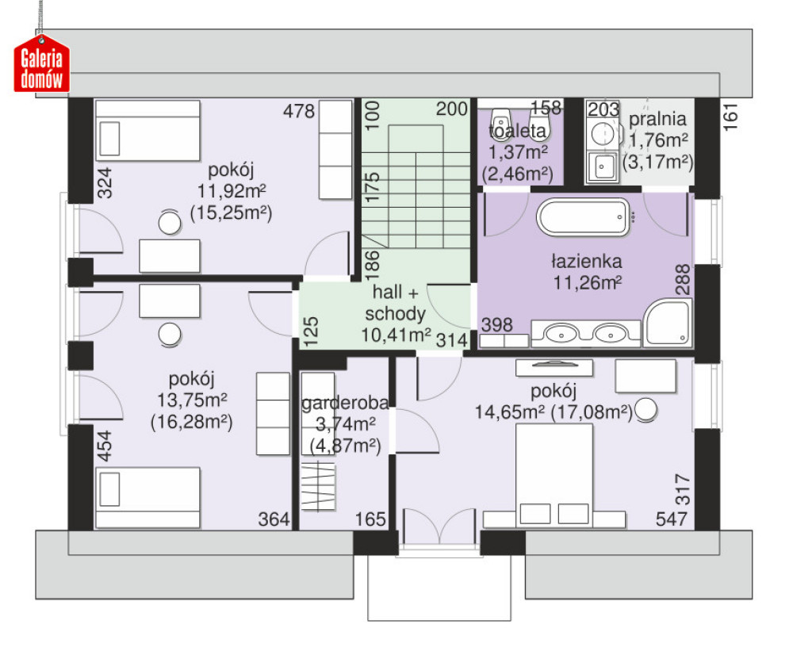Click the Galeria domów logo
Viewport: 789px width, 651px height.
[x=42, y=64]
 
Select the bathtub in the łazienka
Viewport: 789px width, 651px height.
[x=584, y=216]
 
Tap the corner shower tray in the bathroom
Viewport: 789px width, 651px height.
[x=668, y=323]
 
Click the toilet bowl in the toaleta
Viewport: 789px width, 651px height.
[x=500, y=122]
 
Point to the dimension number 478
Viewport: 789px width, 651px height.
[x=298, y=111]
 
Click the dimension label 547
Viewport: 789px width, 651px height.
[x=672, y=519]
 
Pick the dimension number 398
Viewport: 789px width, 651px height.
[x=496, y=325]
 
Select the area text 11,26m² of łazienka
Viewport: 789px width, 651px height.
[x=588, y=283]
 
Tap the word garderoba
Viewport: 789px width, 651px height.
[x=345, y=404]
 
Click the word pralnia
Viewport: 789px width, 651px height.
[x=657, y=119]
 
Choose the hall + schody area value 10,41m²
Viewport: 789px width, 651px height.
[x=396, y=335]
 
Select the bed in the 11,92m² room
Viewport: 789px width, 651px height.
[x=147, y=130]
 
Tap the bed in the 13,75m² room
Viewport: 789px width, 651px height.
[x=147, y=497]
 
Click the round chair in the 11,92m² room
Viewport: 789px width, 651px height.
[x=170, y=223]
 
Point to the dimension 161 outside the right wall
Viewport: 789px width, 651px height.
[x=730, y=117]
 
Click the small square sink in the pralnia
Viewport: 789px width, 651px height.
[x=602, y=167]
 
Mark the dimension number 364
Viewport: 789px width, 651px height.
[x=274, y=519]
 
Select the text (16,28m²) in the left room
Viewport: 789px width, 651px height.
[x=191, y=422]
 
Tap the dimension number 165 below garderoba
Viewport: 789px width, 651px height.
[x=370, y=519]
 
